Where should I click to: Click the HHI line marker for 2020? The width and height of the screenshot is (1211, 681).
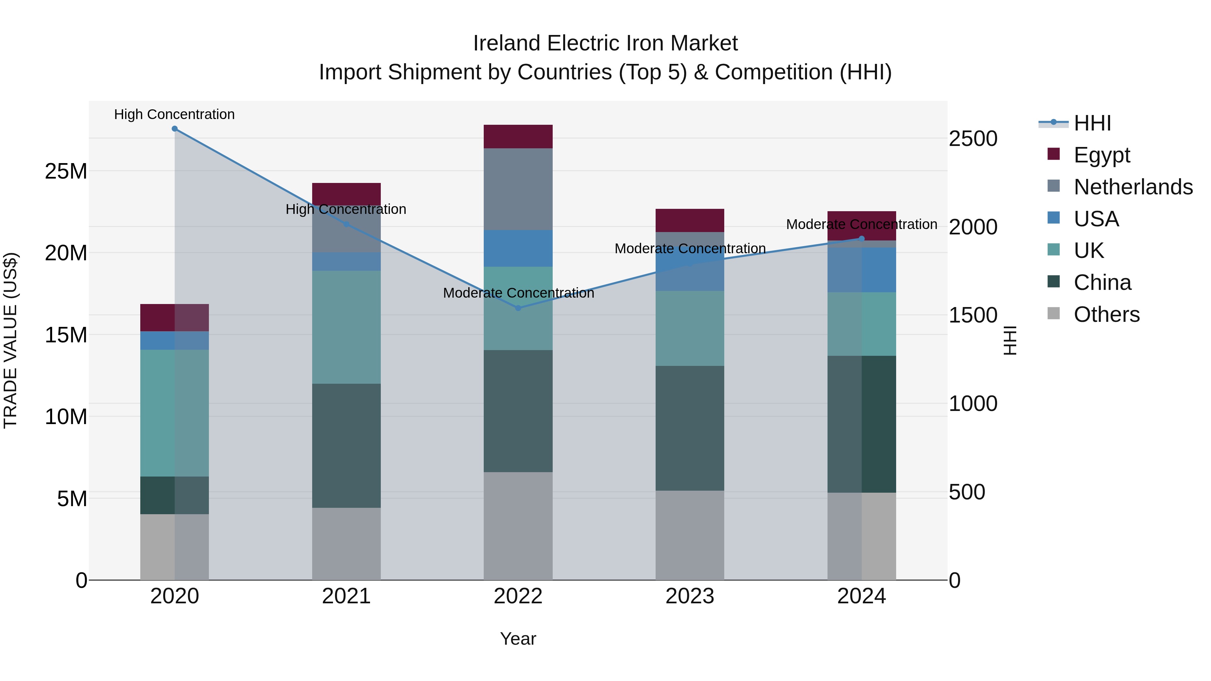click(x=174, y=129)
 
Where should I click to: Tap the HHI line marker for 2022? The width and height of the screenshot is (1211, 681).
click(x=518, y=308)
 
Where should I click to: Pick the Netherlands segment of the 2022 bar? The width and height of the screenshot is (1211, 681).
click(x=518, y=189)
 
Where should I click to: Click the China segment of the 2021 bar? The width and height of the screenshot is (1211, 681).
click(x=346, y=446)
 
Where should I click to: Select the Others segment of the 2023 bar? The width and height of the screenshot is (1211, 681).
click(x=690, y=535)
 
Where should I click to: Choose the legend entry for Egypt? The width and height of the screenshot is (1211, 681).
click(x=1101, y=155)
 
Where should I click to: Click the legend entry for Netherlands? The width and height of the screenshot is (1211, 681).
click(x=1133, y=187)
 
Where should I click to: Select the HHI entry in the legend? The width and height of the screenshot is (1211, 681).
click(x=1092, y=123)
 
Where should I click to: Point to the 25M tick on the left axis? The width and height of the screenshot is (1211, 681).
click(x=66, y=172)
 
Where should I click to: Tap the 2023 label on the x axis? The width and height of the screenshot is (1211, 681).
click(x=690, y=596)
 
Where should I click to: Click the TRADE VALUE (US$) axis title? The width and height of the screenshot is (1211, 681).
click(x=10, y=340)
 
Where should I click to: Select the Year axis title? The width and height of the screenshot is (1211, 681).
click(x=518, y=639)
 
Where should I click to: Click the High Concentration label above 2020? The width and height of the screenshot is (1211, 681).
click(x=174, y=114)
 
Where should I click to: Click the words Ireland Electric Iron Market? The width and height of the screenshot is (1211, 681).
click(x=605, y=43)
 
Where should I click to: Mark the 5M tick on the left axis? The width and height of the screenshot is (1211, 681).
click(x=71, y=499)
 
